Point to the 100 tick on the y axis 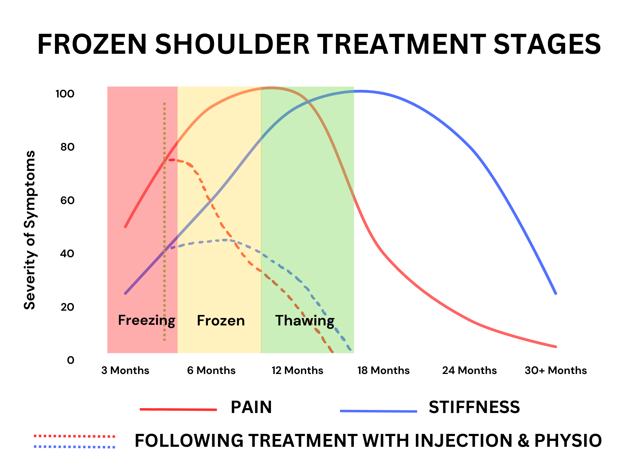[65, 94]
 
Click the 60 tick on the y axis [67, 200]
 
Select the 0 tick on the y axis [71, 360]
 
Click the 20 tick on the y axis [67, 307]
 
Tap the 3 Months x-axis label [125, 370]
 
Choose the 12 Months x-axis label [297, 370]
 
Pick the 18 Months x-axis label [383, 370]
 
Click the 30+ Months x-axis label [556, 370]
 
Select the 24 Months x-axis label [469, 370]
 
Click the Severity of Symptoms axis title [30, 230]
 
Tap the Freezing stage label [147, 321]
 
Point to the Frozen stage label [221, 321]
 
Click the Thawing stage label [305, 321]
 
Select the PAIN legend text [251, 407]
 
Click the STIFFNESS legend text [474, 407]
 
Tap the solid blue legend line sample [378, 411]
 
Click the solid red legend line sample [178, 409]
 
